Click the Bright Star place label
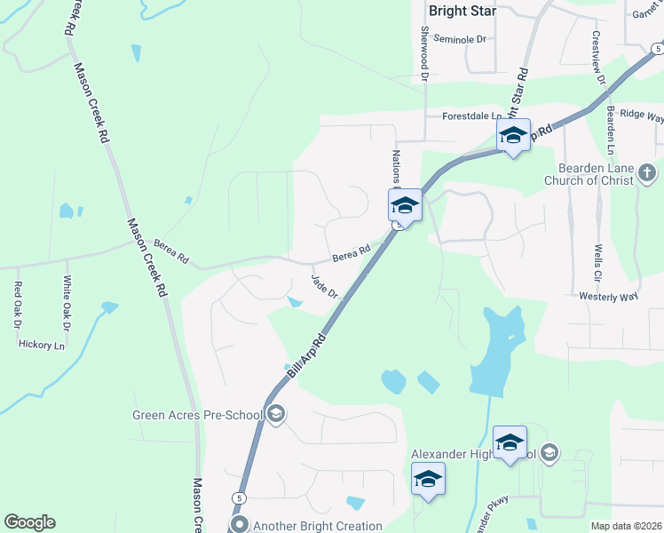[462, 12]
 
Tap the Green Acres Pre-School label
[197, 415]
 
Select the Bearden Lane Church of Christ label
[595, 174]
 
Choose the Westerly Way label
[608, 297]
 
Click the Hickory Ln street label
[42, 345]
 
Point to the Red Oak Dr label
[16, 305]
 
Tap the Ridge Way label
[642, 115]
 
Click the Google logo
[28, 522]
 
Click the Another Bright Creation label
[318, 526]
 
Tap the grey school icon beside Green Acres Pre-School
[276, 414]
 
